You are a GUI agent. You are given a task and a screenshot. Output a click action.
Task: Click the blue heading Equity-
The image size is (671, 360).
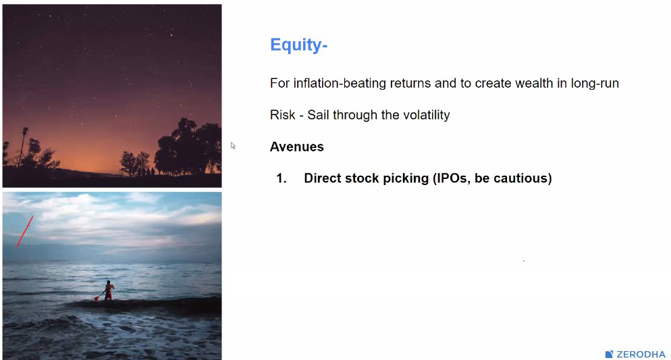tap(298, 45)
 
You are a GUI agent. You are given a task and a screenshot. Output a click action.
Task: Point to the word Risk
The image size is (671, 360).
tap(282, 115)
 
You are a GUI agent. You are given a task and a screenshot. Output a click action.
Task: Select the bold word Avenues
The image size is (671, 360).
tap(296, 147)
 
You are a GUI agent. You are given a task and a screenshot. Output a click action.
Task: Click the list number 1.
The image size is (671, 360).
tap(281, 178)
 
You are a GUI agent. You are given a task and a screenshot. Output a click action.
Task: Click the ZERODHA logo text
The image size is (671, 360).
tap(641, 355)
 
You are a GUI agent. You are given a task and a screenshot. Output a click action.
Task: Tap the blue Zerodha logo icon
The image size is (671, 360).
tap(610, 355)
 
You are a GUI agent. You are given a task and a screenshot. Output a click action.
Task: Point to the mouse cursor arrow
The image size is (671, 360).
tap(233, 145)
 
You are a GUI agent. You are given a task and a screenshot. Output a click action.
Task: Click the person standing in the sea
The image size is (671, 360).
tap(109, 290)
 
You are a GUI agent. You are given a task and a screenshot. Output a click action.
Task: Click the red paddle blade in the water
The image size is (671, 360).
tap(97, 298)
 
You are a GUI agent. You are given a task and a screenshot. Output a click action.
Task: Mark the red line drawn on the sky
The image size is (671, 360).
tap(25, 232)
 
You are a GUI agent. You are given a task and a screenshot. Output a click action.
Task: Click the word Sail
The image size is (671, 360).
tap(319, 115)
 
